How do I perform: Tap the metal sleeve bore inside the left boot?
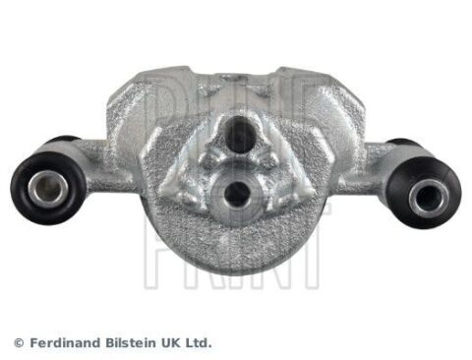47,190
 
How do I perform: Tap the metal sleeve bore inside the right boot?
428,198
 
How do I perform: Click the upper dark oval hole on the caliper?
240,135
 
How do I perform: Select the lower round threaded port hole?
236,194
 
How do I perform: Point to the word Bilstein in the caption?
131,343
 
